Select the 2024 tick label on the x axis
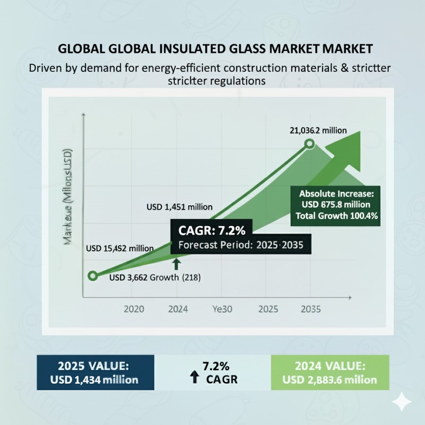(178, 310)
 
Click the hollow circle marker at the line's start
(93, 276)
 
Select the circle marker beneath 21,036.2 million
(309, 144)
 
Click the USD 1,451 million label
(179, 206)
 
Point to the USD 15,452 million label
(120, 248)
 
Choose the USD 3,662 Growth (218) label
(155, 278)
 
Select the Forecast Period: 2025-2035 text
(240, 246)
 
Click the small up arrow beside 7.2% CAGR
(195, 376)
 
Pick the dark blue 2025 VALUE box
(98, 372)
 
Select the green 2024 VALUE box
(330, 372)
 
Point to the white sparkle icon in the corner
(401, 401)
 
